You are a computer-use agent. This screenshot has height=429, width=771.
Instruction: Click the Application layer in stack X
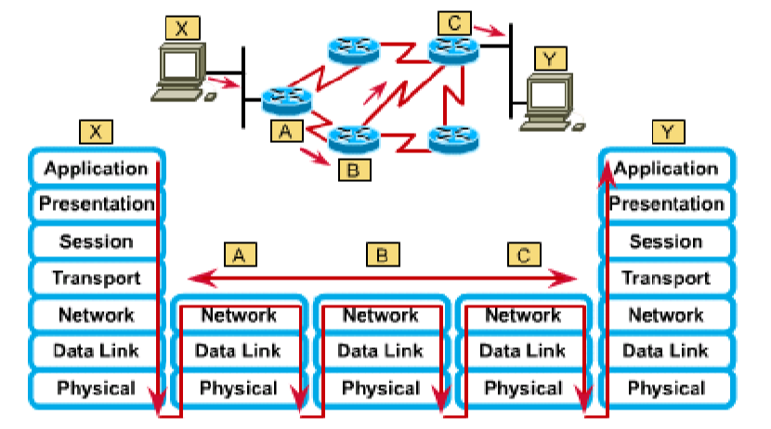pyautogui.click(x=96, y=169)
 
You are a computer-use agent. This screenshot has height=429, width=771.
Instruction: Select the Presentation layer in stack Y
pyautogui.click(x=666, y=204)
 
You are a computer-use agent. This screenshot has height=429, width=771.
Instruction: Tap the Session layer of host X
pyautogui.click(x=96, y=241)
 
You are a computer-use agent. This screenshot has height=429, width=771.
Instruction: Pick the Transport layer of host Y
pyautogui.click(x=666, y=278)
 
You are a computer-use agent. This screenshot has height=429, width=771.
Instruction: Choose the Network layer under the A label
pyautogui.click(x=239, y=316)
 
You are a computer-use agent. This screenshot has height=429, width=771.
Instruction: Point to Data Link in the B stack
pyautogui.click(x=381, y=351)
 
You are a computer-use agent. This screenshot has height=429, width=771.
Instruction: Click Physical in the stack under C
pyautogui.click(x=523, y=388)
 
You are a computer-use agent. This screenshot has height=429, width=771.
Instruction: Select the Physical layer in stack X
pyautogui.click(x=96, y=388)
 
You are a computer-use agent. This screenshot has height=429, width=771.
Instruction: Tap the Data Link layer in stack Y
pyautogui.click(x=666, y=351)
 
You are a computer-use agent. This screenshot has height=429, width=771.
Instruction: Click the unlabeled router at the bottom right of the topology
pyautogui.click(x=452, y=140)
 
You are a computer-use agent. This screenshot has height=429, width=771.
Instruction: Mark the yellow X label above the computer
pyautogui.click(x=182, y=28)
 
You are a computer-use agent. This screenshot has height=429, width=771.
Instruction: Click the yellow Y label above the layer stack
pyautogui.click(x=666, y=132)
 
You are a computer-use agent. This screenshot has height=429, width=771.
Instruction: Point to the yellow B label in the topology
pyautogui.click(x=354, y=170)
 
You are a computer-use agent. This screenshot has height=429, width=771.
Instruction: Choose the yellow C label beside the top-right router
pyautogui.click(x=453, y=18)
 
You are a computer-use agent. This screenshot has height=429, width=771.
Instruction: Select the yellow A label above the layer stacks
pyautogui.click(x=239, y=253)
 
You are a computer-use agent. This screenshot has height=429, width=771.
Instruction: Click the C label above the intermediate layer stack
pyautogui.click(x=523, y=253)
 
